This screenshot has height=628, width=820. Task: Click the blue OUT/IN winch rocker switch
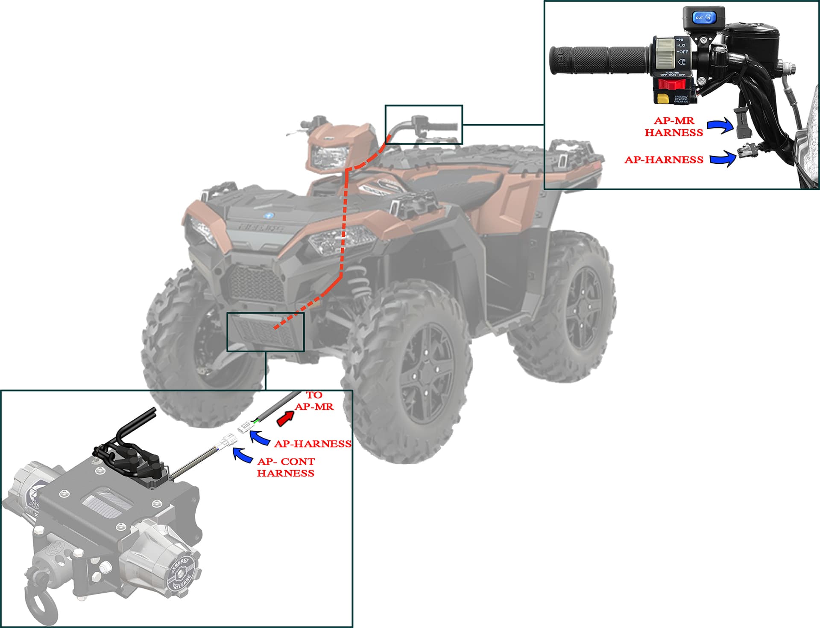tap(703, 17)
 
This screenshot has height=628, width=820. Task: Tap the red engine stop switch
tap(671, 84)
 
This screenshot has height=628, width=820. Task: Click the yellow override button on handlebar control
tap(663, 99)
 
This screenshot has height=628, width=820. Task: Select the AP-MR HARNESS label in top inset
tap(674, 127)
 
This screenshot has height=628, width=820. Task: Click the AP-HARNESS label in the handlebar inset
tap(664, 160)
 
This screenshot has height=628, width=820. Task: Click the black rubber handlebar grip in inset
tap(598, 60)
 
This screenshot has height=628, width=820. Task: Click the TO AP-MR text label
tap(314, 401)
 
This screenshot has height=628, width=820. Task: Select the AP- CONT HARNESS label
tap(286, 467)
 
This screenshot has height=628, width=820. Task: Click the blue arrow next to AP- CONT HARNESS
tap(242, 455)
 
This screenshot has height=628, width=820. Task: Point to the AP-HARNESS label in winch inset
tap(312, 444)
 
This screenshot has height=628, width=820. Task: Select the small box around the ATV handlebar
tap(423, 124)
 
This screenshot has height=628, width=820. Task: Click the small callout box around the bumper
tap(265, 331)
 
